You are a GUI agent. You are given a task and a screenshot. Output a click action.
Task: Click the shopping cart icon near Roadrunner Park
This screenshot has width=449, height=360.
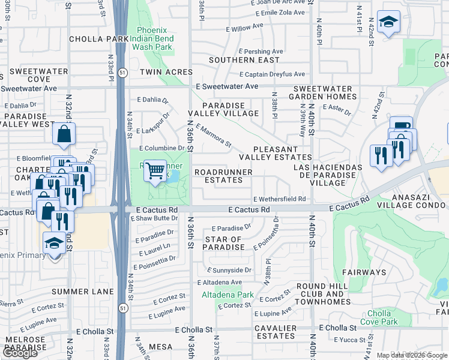pos(155,172)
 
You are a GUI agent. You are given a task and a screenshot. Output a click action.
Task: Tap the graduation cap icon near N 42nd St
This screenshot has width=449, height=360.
pos(388,22)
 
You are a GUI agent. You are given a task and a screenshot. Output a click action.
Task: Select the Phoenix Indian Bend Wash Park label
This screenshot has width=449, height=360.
pos(155,38)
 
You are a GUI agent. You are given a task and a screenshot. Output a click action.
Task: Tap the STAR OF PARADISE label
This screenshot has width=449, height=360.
pos(224,244)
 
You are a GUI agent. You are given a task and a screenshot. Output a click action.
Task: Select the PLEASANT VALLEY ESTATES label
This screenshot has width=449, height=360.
pos(276,153)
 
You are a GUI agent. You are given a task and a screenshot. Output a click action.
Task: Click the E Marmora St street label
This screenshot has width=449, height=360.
pos(214,136)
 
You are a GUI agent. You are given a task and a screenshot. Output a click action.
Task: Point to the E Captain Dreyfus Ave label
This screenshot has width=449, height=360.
pos(272,74)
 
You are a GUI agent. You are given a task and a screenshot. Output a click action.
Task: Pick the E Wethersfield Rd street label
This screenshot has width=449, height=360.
pos(280,199)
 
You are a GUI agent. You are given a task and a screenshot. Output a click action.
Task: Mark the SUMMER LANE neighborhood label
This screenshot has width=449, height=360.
pos(79,292)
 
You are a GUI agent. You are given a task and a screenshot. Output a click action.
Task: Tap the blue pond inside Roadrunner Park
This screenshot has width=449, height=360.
pos(174,177)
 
